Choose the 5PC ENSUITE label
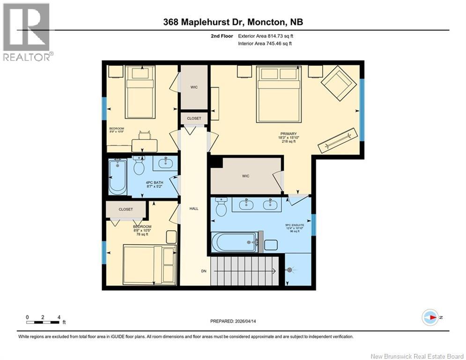tap(295, 225)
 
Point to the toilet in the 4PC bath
tap(139, 165)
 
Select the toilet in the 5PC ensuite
tap(221, 206)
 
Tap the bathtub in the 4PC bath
tap(117, 177)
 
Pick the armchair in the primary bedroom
tap(338, 82)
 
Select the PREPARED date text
tap(233, 321)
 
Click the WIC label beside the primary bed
tap(194, 87)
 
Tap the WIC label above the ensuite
tap(245, 176)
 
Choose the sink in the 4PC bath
tap(165, 164)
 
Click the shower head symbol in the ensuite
tap(292, 270)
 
